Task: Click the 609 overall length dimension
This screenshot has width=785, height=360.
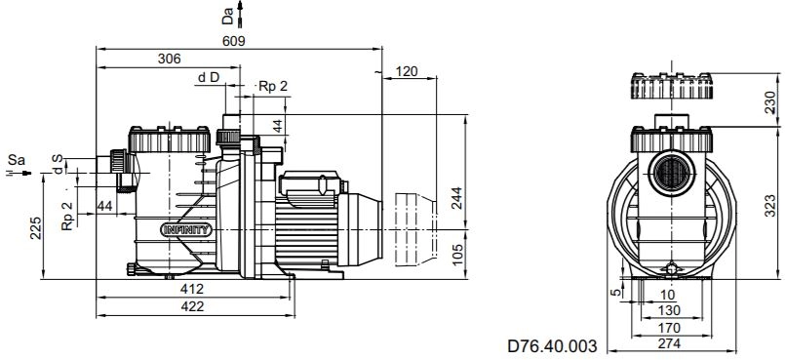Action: pyautogui.click(x=234, y=41)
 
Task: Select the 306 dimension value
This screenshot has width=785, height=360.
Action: pyautogui.click(x=170, y=60)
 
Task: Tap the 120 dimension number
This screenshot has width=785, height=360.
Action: pyautogui.click(x=406, y=71)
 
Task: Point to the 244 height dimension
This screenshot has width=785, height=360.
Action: pyautogui.click(x=456, y=198)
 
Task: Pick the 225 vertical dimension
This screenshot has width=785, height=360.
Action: pyautogui.click(x=35, y=228)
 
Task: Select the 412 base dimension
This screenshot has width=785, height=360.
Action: pyautogui.click(x=193, y=289)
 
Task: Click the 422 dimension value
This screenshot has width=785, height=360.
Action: pyautogui.click(x=193, y=306)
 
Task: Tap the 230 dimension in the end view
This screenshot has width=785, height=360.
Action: pyautogui.click(x=771, y=101)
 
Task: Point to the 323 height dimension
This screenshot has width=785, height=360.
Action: pyautogui.click(x=771, y=206)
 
